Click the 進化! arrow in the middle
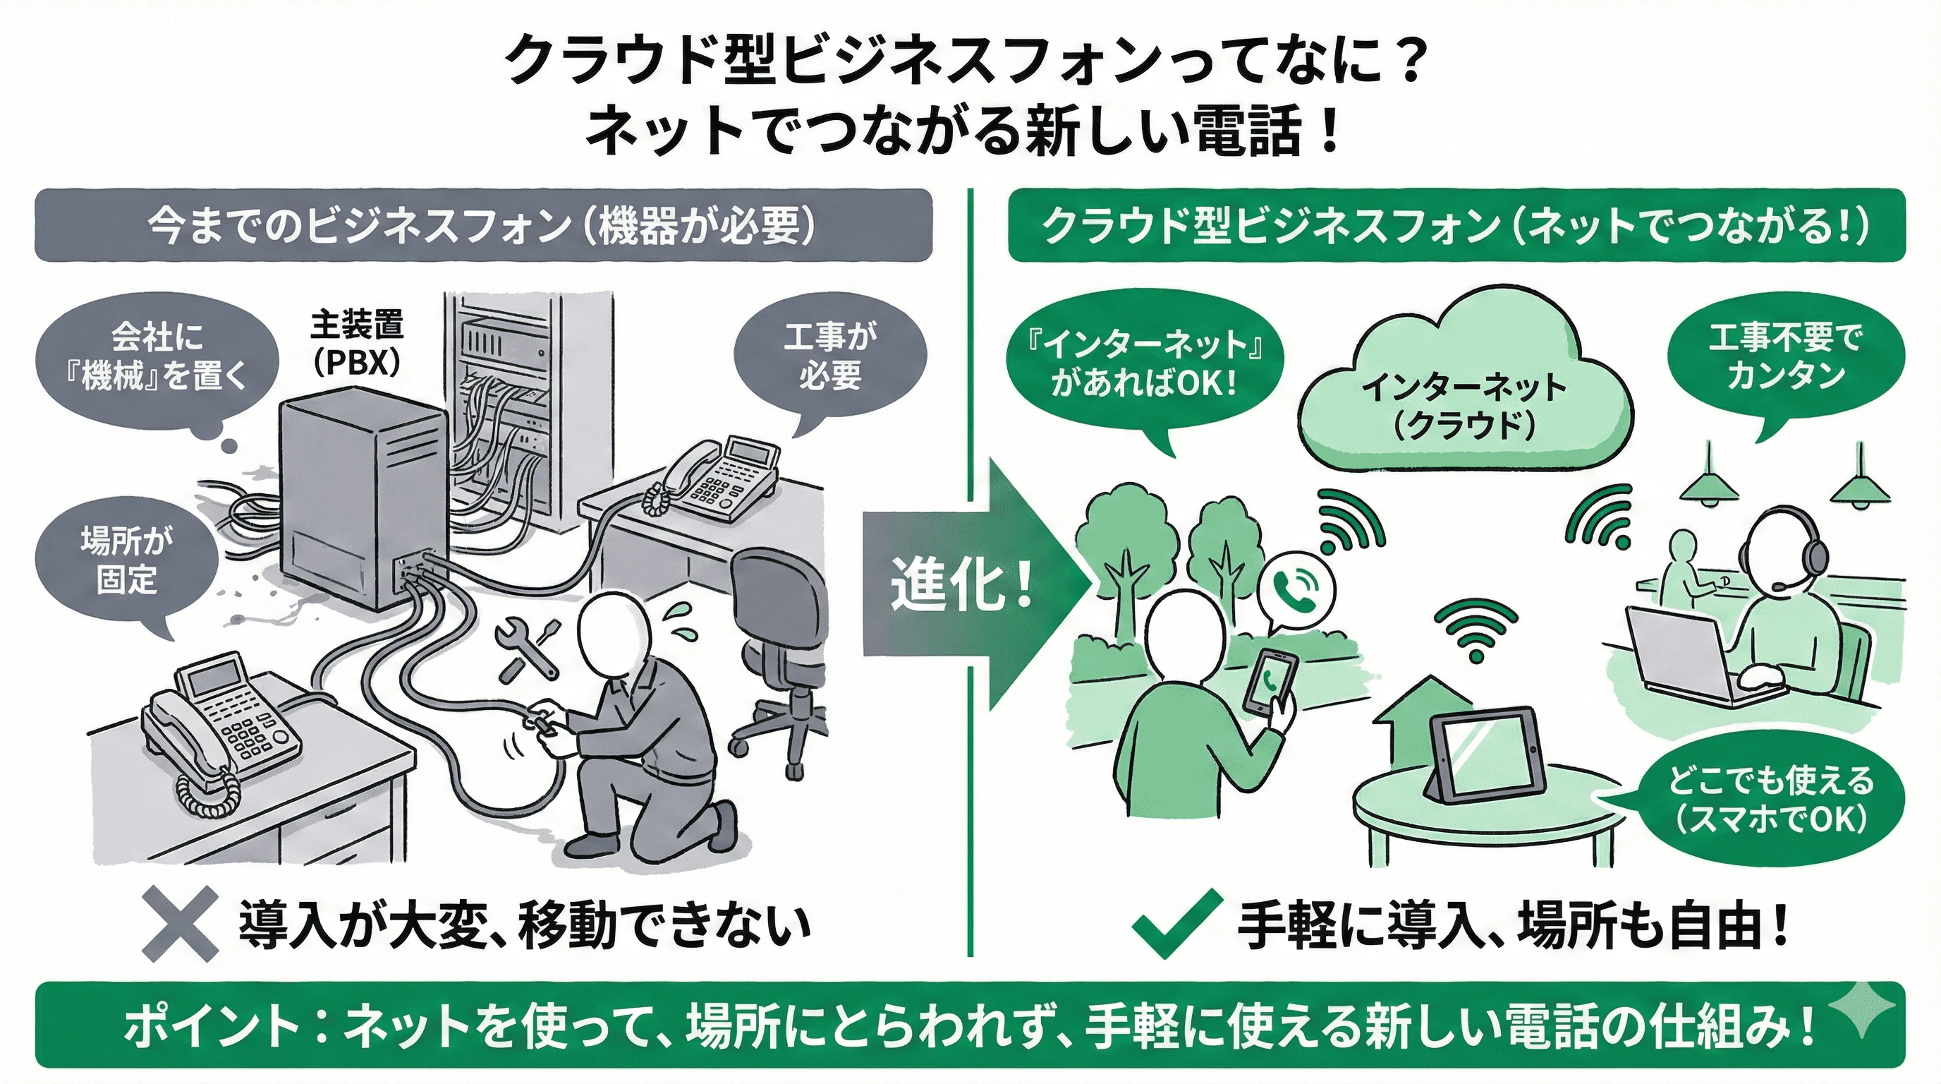(972, 584)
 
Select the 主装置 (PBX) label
(356, 343)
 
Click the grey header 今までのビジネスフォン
(482, 225)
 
